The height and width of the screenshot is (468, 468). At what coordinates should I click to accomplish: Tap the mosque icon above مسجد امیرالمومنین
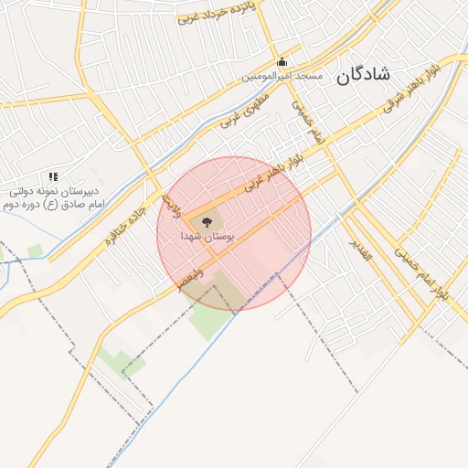(282, 62)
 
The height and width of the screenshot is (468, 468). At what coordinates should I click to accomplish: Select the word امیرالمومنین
(268, 76)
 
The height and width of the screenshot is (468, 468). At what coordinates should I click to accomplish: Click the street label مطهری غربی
(243, 107)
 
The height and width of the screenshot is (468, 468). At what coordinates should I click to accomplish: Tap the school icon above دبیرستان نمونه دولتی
(53, 176)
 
